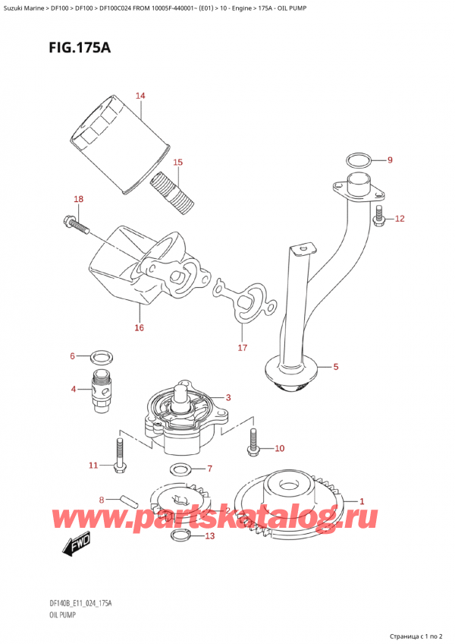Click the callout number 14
tap(140, 96)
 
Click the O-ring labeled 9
tap(359, 160)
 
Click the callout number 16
tap(139, 327)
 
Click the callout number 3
tap(228, 397)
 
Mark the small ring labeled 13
tap(180, 537)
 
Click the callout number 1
tap(362, 501)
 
